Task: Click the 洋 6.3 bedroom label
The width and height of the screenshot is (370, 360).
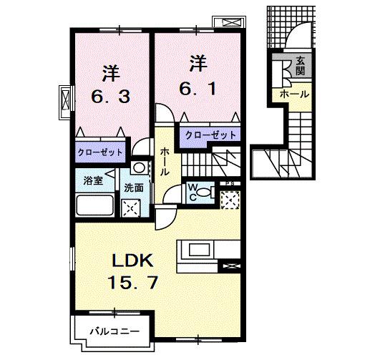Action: pyautogui.click(x=110, y=84)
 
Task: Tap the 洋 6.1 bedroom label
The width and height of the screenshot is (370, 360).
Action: pyautogui.click(x=198, y=77)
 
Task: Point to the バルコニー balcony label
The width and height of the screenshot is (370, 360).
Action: pyautogui.click(x=113, y=331)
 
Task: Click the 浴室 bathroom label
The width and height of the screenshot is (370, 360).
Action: pyautogui.click(x=93, y=181)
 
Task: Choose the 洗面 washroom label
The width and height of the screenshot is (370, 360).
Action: pyautogui.click(x=133, y=188)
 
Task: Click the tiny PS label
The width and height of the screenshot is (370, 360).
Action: pyautogui.click(x=230, y=185)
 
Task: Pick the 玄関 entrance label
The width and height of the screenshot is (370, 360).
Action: pyautogui.click(x=299, y=65)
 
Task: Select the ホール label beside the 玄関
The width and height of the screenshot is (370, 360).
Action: pyautogui.click(x=294, y=94)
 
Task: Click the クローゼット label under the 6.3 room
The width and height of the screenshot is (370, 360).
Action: pyautogui.click(x=100, y=152)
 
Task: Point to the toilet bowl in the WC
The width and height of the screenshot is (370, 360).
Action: pyautogui.click(x=205, y=192)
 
